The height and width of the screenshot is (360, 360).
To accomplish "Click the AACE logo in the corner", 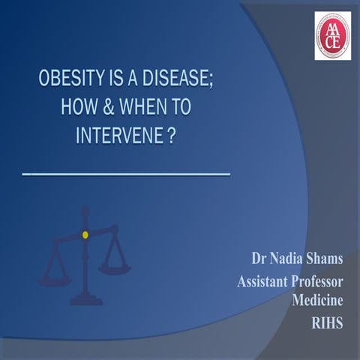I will click(332, 35).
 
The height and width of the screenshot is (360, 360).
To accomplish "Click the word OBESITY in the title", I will click(70, 79).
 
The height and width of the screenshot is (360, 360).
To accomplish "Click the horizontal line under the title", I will click(125, 173).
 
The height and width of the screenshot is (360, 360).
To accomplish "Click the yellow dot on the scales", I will click(85, 235).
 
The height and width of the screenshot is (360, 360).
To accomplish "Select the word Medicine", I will click(317, 301).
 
